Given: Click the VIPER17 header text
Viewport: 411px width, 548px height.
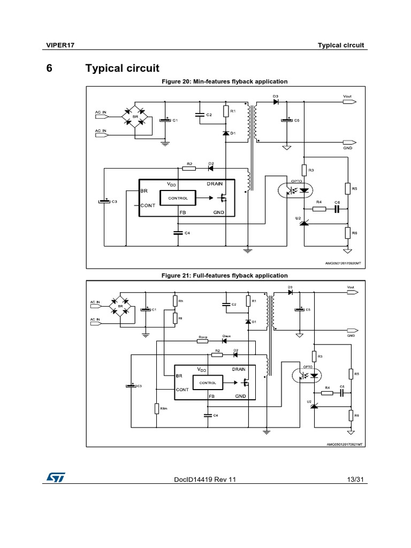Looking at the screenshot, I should point(59,45).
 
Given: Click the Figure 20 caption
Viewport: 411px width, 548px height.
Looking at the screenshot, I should point(224,81).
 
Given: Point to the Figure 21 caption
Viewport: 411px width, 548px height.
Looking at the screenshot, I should point(224,276).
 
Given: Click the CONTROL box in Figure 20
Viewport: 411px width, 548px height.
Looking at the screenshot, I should point(178,198).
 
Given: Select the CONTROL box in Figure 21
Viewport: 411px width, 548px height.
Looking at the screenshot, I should point(208,383).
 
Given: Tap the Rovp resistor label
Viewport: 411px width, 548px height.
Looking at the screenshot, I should point(203,337).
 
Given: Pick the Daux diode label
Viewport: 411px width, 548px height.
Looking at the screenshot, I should point(226,337).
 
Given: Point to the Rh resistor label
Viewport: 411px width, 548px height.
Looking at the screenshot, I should point(180,301).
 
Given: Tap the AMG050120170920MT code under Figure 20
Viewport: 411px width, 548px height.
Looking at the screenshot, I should point(344,263).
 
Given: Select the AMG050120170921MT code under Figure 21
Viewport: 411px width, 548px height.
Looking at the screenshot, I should point(345,444).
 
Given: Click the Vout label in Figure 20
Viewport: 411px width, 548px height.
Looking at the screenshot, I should point(347,96).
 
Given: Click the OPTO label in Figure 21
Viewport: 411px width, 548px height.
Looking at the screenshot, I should point(307,367).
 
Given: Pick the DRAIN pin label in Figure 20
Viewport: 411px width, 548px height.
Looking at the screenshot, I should point(215,184).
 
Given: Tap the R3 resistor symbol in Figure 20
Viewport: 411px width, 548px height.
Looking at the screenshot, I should point(304,170).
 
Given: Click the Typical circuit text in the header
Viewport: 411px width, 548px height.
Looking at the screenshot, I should point(340,45).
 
